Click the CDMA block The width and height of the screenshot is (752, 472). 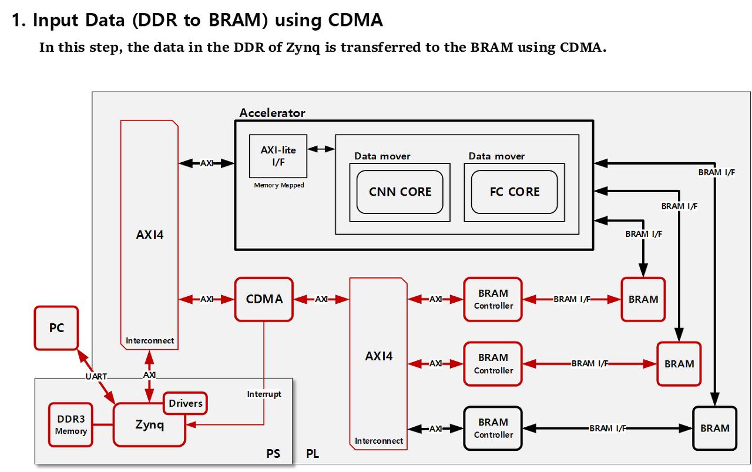click(x=264, y=299)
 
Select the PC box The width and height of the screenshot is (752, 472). click(x=56, y=328)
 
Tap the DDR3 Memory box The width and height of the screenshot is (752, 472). click(x=70, y=424)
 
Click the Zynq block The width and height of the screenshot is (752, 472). click(x=149, y=424)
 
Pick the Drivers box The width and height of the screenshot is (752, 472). click(x=185, y=403)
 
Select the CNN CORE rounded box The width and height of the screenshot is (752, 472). click(x=400, y=192)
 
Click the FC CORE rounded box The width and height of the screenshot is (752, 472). click(x=514, y=192)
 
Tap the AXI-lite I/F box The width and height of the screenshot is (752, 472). click(x=278, y=156)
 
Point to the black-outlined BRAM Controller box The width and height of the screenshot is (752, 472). click(x=493, y=429)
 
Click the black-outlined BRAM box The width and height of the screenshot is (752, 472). click(x=715, y=429)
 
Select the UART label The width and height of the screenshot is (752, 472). click(x=96, y=376)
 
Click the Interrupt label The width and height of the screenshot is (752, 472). click(x=264, y=394)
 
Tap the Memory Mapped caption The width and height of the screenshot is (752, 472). click(x=279, y=185)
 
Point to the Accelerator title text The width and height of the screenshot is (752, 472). click(x=272, y=113)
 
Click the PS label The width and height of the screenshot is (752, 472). click(x=273, y=454)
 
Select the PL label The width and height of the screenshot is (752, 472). click(x=312, y=454)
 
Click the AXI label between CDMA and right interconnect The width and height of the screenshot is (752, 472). click(x=321, y=299)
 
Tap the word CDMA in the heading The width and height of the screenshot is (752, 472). click(x=355, y=20)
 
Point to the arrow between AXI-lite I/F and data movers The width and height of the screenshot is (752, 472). click(x=321, y=149)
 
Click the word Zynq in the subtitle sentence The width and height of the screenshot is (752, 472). click(x=303, y=48)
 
